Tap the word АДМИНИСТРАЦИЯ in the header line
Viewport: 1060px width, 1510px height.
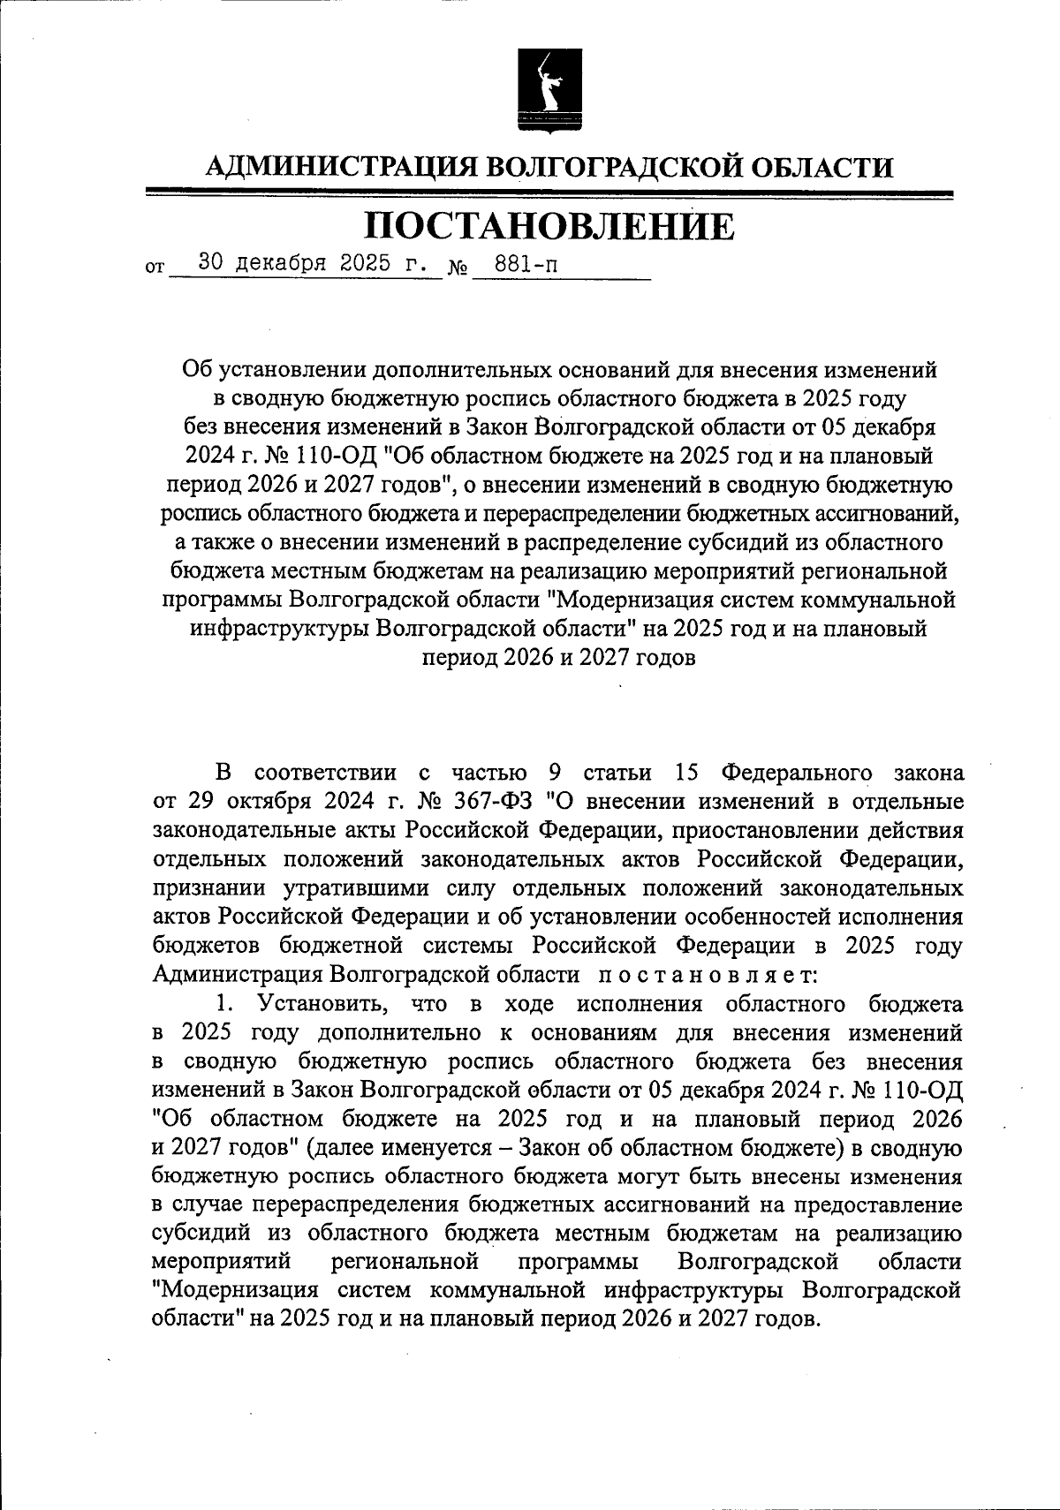click(x=340, y=167)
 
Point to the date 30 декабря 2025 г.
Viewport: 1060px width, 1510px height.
click(x=314, y=262)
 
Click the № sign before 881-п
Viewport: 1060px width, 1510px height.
click(x=458, y=267)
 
